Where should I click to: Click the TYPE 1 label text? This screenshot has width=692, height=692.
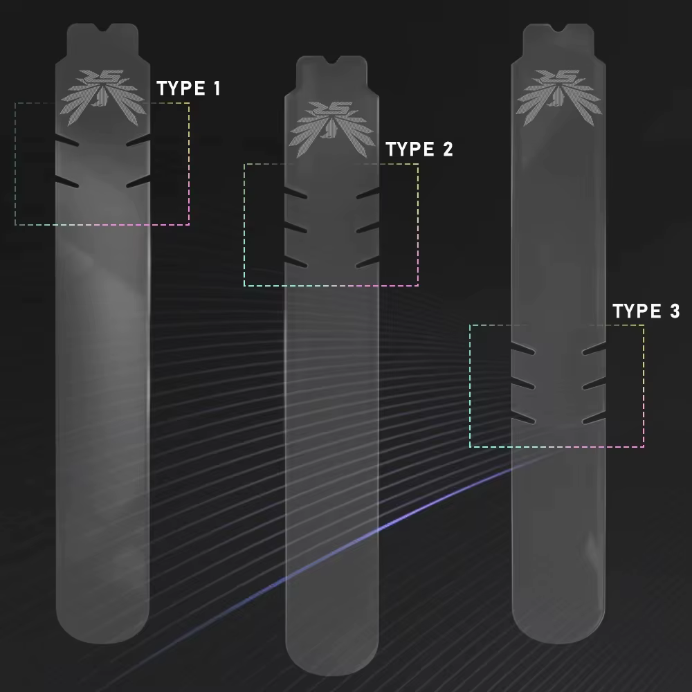[188, 89]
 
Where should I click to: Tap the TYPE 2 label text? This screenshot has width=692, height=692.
[419, 149]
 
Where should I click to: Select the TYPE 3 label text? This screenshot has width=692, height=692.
[646, 311]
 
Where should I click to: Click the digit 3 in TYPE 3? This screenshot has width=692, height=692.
[675, 311]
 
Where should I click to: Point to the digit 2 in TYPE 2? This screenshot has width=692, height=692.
[448, 149]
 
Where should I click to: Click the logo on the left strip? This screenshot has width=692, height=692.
[103, 97]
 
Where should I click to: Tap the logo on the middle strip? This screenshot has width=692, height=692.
[332, 130]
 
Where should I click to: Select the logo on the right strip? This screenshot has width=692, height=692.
[558, 97]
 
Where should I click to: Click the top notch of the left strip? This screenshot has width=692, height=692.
[103, 28]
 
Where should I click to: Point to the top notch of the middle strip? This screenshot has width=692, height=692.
[331, 60]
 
